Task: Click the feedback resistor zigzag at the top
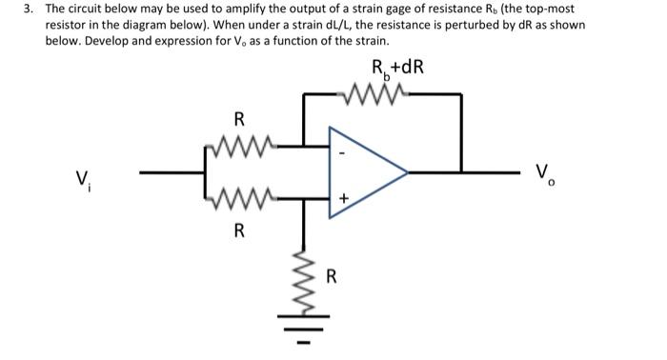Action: (x=380, y=94)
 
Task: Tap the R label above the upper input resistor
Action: (x=238, y=120)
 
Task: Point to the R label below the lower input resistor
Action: (x=238, y=230)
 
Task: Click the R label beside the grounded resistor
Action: (x=332, y=277)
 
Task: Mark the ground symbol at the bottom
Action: (x=305, y=329)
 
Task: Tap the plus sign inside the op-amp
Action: (x=344, y=198)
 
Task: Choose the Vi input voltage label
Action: (x=85, y=177)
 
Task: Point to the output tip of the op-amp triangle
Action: (x=407, y=172)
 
